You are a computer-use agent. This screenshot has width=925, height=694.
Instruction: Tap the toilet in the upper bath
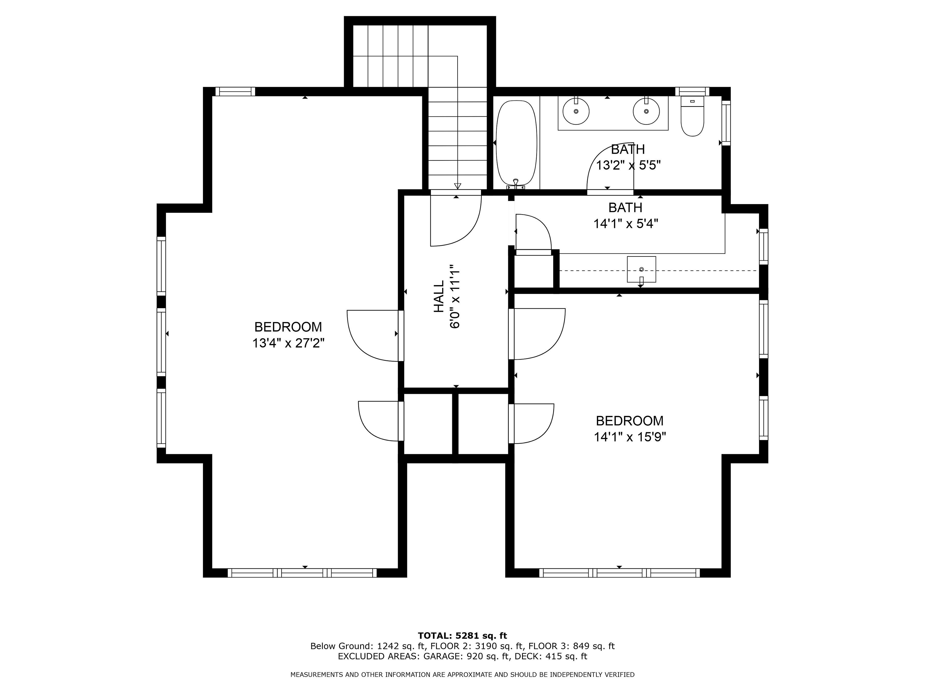coord(692,116)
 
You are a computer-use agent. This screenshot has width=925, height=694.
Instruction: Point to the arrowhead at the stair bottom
coord(457,186)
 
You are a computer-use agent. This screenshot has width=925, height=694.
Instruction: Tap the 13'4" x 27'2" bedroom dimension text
coord(288,343)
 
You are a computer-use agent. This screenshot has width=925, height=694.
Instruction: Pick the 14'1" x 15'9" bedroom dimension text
coord(630,437)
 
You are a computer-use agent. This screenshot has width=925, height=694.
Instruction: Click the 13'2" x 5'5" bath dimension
coord(628,166)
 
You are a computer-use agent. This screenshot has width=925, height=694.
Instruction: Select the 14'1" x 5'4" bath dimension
coord(626,224)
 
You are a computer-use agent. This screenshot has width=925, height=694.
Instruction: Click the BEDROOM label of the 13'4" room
coord(288,327)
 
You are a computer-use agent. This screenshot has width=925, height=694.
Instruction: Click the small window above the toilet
coord(692,92)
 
